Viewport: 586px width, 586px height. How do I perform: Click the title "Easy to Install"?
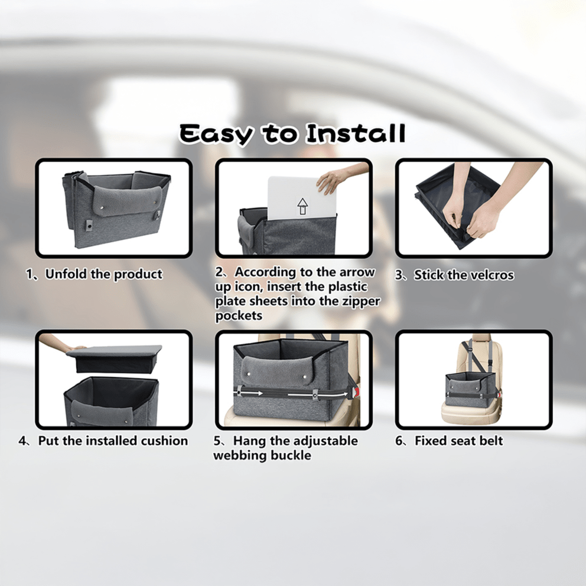292,134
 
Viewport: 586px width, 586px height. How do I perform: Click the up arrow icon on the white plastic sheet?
302,206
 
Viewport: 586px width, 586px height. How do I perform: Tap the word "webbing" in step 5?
238,455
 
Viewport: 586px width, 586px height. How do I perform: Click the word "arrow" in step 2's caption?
357,272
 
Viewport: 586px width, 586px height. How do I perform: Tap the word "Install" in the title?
356,134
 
